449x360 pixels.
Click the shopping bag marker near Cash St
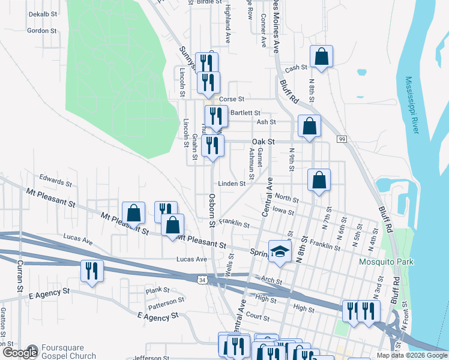click(321, 56)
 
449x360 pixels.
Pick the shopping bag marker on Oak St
click(309, 126)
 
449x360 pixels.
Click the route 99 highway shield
click(342, 139)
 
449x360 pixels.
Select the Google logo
click(19, 353)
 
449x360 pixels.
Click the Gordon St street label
click(42, 30)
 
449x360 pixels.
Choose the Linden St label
click(232, 184)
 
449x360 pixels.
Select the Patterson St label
click(166, 299)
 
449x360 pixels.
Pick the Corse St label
click(232, 99)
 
